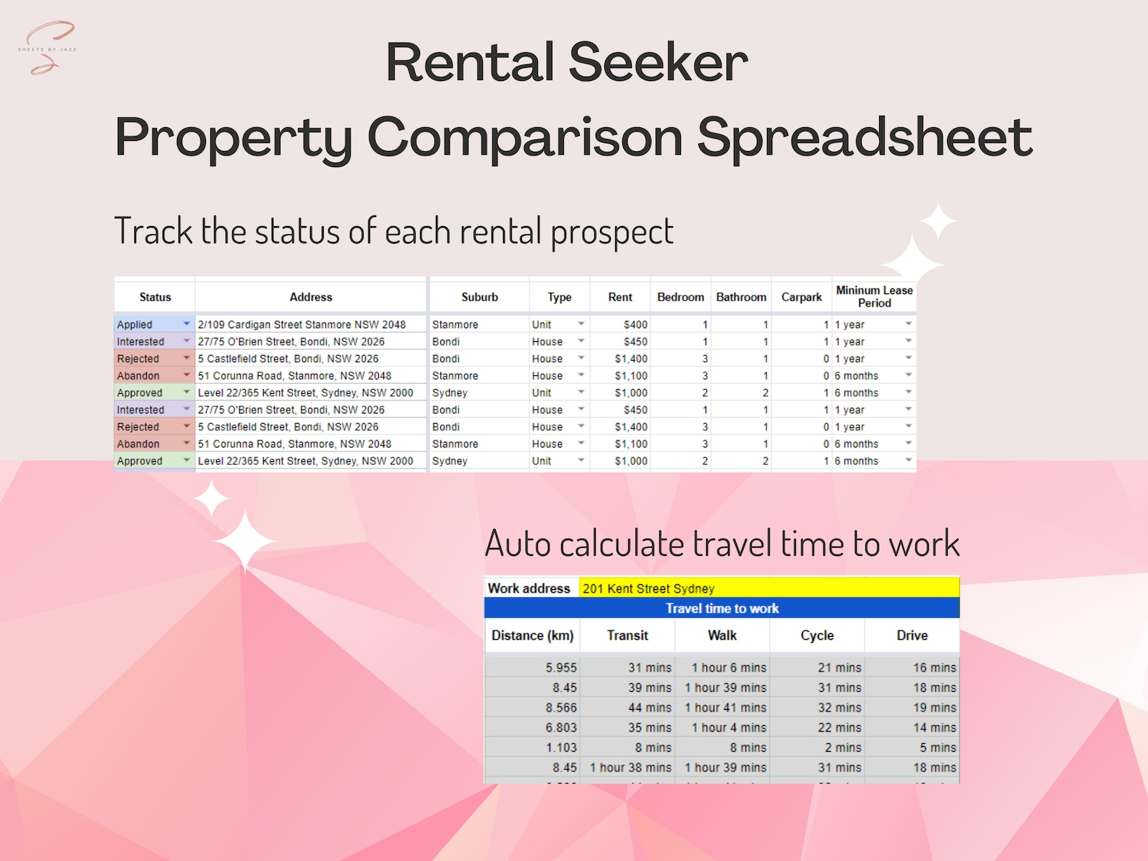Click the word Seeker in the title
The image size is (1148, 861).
tap(658, 63)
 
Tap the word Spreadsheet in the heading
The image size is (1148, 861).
tap(865, 137)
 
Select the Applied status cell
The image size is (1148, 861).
tap(153, 325)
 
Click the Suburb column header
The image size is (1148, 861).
tap(479, 297)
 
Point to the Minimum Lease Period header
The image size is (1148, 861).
tap(874, 296)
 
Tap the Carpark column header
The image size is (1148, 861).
tap(801, 297)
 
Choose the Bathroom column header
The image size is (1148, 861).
tap(741, 297)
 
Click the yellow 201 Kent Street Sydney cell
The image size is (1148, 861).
tap(768, 588)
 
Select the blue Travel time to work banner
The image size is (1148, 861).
tap(721, 609)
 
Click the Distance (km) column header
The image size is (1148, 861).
tap(532, 635)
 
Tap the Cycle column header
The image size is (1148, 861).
tap(817, 635)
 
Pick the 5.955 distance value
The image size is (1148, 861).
tap(561, 668)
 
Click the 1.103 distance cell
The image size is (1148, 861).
tap(561, 748)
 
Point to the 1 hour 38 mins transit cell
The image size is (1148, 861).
tap(630, 768)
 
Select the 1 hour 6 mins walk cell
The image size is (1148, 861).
tap(729, 668)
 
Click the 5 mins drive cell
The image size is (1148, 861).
tap(938, 748)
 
